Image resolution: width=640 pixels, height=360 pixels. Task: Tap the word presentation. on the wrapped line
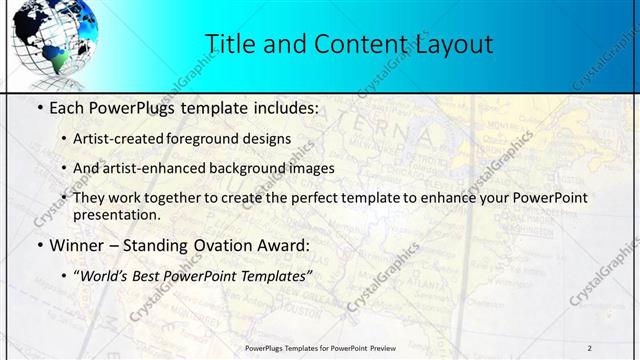point(116,214)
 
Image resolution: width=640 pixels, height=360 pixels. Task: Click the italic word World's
point(106,276)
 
